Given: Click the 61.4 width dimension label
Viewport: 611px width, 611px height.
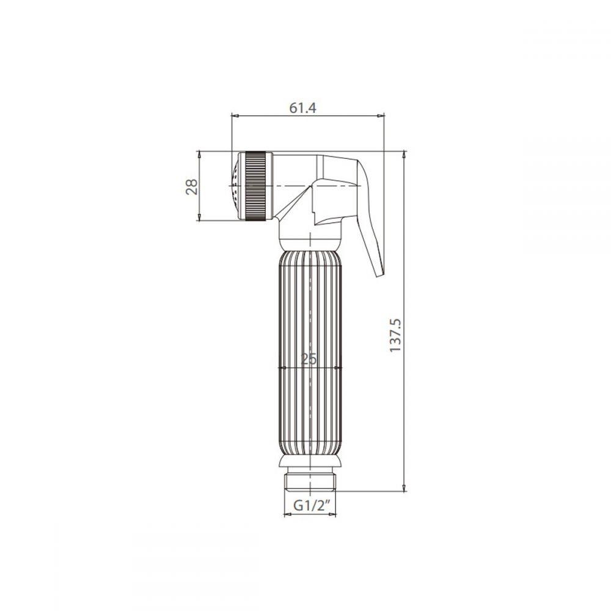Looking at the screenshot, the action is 303,108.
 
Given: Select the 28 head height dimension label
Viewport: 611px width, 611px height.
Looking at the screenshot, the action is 192,186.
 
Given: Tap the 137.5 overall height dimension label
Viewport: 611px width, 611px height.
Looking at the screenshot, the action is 395,335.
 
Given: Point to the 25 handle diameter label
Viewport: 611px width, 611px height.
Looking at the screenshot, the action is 309,359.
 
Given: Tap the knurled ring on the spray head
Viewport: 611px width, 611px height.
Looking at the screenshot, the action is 255,186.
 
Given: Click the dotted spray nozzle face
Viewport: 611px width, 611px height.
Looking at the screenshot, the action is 235,186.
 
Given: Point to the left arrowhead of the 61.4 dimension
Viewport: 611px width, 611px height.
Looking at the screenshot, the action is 235,115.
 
